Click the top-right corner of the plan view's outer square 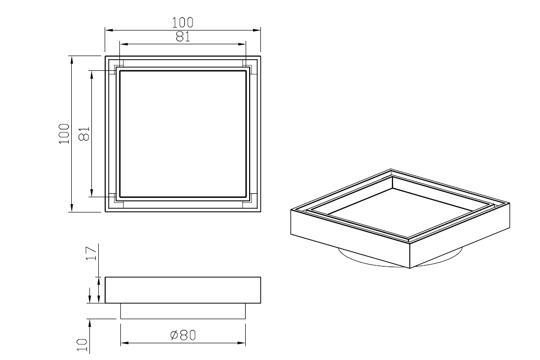pos(260,56)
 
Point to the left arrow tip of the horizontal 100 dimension pos(105,30)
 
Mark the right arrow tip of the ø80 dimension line pos(245,343)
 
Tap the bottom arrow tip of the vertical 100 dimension pos(72,211)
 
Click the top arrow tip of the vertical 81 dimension pos(91,71)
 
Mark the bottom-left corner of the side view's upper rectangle pos(105,303)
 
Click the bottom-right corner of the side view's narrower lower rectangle pos(245,319)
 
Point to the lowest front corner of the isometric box pos(410,268)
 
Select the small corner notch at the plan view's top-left pos(119,67)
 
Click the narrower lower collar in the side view pos(183,311)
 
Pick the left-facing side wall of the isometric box pos(350,239)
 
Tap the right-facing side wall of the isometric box pos(460,236)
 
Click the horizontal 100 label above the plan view pos(183,23)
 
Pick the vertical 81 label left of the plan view pos(85,134)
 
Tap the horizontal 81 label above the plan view pos(183,36)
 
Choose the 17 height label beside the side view pos(91,253)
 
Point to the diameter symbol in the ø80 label pos(174,335)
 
